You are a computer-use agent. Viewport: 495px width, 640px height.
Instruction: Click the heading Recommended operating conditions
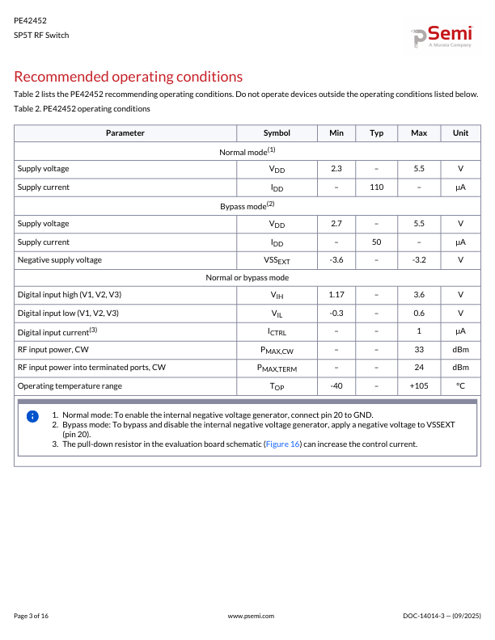pos(129,77)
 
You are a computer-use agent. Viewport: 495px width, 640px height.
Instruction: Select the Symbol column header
pos(277,133)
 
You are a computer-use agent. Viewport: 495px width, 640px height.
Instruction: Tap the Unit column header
pos(460,133)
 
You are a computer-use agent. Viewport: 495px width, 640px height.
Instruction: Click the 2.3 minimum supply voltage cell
pos(336,169)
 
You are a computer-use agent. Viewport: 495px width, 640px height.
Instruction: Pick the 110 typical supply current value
pos(376,187)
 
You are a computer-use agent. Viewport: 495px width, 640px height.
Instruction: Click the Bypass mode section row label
pos(247,206)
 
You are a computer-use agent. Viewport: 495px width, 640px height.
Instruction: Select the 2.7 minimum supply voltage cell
pos(336,224)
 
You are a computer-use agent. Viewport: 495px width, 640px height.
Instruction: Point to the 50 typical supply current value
pos(376,242)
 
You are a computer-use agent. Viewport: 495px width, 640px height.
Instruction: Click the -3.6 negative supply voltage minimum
pos(336,260)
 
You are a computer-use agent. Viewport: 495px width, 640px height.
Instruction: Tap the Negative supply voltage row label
pos(60,260)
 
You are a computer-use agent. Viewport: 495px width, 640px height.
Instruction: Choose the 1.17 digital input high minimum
pos(336,296)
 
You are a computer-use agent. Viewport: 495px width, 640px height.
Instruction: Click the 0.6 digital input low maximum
pos(419,314)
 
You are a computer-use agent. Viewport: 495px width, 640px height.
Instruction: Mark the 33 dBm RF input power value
pos(419,350)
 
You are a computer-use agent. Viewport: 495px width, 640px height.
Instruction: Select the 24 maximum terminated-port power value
pos(419,368)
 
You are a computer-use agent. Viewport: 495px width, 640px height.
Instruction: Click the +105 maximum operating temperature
pos(419,386)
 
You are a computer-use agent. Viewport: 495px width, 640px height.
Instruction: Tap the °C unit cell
pos(460,386)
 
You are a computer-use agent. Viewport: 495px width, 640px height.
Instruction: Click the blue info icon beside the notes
pos(32,416)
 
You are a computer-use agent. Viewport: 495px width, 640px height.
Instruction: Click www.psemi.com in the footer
pos(252,616)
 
